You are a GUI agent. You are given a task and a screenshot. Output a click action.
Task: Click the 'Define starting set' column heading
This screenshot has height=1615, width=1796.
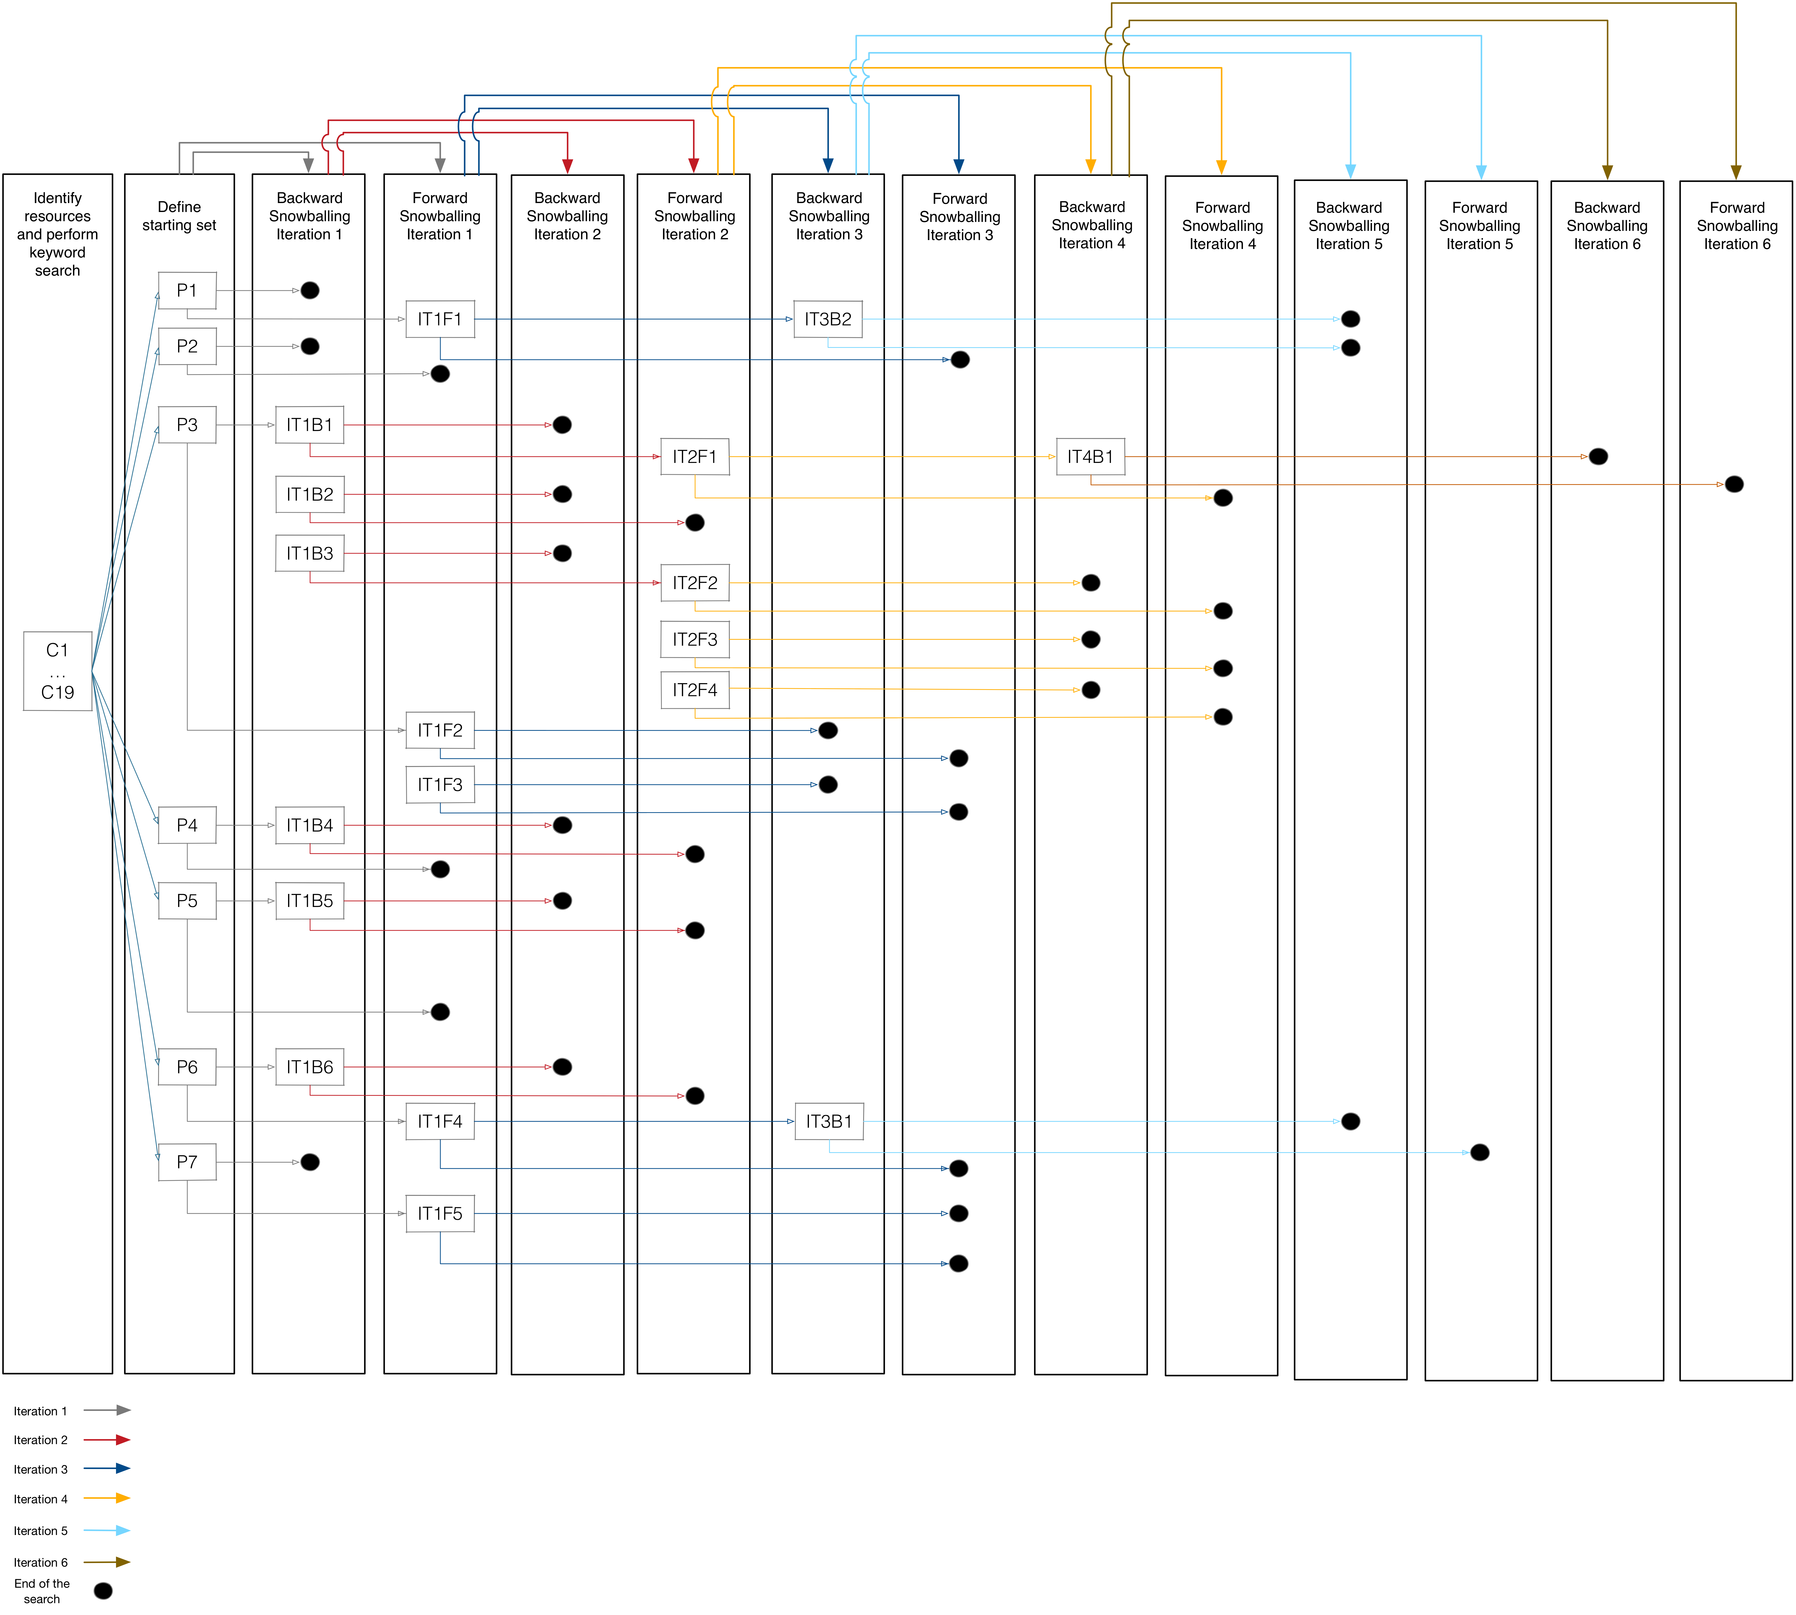(179, 216)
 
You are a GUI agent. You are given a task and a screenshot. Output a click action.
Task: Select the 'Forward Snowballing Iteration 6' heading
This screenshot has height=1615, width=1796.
(1737, 225)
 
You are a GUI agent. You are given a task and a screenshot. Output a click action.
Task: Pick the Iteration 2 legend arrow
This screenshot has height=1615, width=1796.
(107, 1439)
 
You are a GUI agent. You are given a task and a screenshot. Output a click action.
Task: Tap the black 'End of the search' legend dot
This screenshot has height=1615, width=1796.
(103, 1591)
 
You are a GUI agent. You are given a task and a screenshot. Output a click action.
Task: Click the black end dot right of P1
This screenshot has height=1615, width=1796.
(310, 290)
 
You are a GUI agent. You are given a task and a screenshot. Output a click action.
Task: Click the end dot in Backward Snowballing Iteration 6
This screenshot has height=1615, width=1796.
(1598, 456)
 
